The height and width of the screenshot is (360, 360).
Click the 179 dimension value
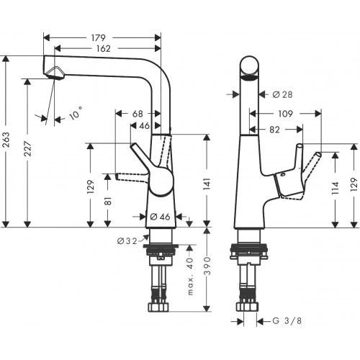coord(99,37)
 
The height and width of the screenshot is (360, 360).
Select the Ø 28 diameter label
coord(282,94)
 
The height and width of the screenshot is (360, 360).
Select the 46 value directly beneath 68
coord(144,126)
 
